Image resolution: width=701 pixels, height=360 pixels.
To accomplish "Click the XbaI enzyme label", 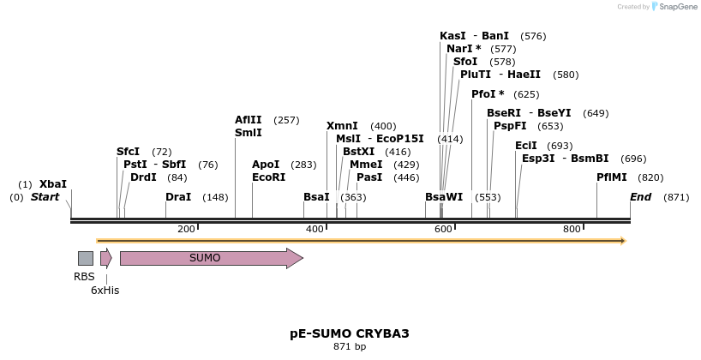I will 52,184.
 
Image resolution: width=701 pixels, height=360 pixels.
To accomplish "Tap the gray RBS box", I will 85,258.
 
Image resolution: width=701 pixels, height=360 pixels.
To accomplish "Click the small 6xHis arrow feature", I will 105,258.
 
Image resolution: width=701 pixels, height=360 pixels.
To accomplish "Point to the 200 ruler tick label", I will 186,229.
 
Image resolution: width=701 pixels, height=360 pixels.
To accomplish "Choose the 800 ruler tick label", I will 572,229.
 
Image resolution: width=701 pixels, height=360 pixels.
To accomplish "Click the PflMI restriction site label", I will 612,177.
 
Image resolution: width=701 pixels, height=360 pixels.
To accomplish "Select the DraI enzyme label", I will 178,197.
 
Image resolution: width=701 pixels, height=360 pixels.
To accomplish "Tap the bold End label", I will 641,197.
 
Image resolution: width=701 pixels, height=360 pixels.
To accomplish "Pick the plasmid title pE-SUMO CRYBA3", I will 350,333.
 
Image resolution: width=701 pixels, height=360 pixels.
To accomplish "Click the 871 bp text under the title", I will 350,347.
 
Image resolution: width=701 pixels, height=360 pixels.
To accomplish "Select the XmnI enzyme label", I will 343,126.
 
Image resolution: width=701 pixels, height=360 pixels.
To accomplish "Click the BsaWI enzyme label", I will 444,197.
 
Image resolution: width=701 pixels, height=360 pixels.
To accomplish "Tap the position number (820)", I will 651,177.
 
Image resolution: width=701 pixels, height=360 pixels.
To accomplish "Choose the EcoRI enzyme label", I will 268,177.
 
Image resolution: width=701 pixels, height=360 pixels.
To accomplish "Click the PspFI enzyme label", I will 510,126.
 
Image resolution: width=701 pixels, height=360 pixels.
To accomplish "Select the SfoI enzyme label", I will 465,62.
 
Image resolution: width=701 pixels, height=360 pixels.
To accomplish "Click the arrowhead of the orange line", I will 622,241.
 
